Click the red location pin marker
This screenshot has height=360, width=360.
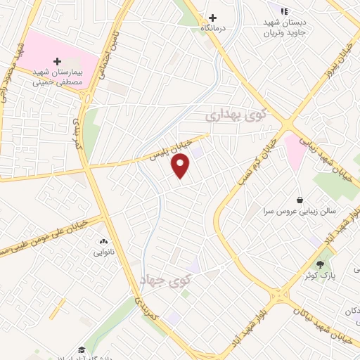181,166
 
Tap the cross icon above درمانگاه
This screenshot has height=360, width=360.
212,18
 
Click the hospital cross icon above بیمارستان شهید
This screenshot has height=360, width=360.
58,61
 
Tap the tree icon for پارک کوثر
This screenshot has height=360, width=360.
321,264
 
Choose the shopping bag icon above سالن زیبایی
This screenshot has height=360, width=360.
300,200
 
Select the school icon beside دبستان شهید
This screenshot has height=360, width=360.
284,11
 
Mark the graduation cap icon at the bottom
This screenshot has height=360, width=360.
82,349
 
